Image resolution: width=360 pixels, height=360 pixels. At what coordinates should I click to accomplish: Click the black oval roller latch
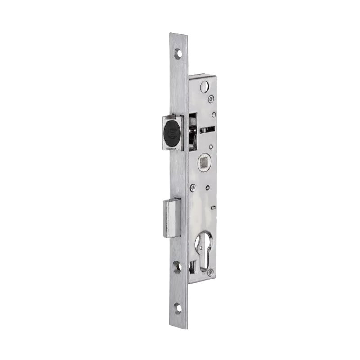click(x=172, y=131)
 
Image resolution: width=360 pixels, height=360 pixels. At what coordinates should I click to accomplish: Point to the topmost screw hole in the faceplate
click(x=178, y=54)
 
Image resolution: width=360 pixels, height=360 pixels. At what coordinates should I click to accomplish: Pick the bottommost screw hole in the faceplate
click(x=179, y=308)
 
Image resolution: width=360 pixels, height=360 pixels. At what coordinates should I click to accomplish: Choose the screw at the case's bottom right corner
click(x=211, y=271)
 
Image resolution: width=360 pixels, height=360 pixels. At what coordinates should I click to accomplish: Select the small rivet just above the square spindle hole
click(x=211, y=146)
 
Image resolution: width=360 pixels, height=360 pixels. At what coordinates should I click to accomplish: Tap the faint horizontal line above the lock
click(x=180, y=31)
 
